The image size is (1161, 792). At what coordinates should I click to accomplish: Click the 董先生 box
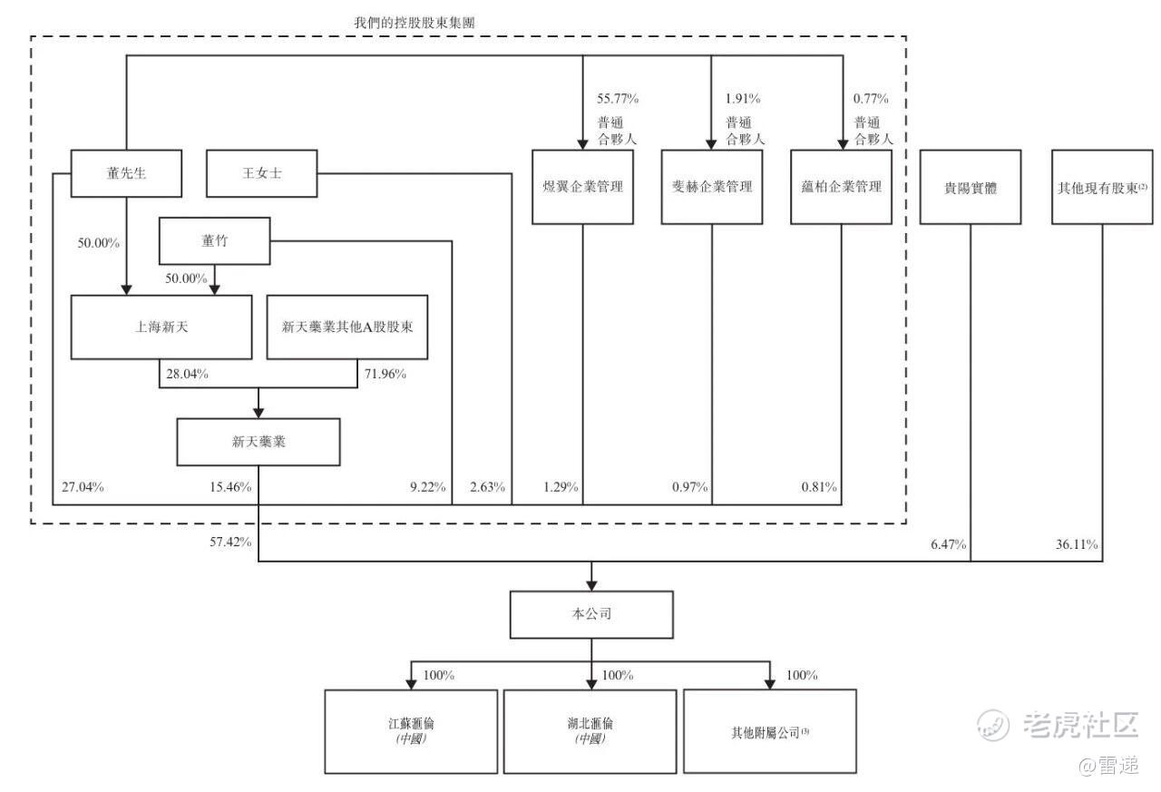click(x=121, y=173)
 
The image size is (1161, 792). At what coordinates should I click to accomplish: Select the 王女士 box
click(x=262, y=173)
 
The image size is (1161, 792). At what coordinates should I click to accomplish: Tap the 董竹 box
click(x=214, y=240)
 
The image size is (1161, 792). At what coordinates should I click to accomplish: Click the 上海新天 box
click(x=161, y=327)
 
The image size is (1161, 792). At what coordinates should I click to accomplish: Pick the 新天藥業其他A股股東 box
click(x=347, y=327)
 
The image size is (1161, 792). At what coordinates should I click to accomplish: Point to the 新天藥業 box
click(x=259, y=442)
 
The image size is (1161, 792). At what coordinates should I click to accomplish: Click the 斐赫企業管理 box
click(x=711, y=187)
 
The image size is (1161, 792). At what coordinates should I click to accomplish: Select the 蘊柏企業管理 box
click(x=841, y=187)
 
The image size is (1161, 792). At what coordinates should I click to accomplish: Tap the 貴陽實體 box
click(x=971, y=187)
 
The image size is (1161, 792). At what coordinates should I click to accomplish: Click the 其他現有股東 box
click(x=1102, y=187)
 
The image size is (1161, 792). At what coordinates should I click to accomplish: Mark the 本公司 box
click(x=592, y=614)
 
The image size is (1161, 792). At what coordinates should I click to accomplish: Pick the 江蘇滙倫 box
click(x=411, y=731)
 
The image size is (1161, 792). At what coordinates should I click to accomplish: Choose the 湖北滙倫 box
click(x=590, y=731)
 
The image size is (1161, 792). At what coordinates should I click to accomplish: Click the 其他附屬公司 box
click(x=769, y=731)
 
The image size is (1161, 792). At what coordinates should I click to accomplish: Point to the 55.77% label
click(x=617, y=99)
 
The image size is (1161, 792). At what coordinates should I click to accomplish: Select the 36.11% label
click(x=1076, y=544)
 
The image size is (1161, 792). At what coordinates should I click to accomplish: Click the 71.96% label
click(x=385, y=374)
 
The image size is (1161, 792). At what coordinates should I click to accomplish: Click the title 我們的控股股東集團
click(x=414, y=22)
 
